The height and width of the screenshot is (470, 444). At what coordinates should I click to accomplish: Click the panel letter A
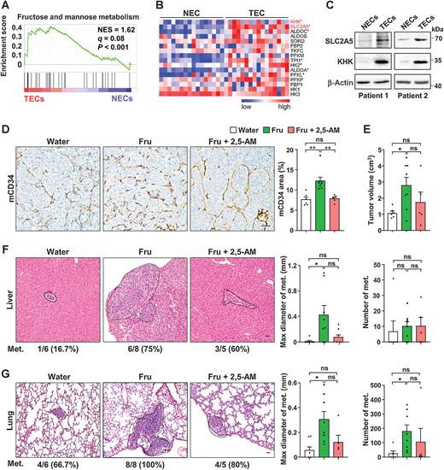(x=7, y=7)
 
